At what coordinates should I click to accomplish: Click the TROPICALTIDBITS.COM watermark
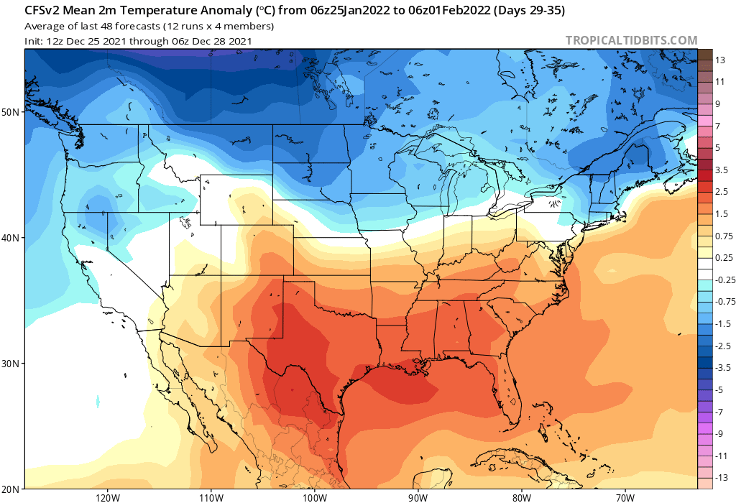coord(631,40)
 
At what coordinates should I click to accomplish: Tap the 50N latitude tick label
coord(11,112)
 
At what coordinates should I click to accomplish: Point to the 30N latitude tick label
coord(11,364)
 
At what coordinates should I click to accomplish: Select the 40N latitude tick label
coord(11,238)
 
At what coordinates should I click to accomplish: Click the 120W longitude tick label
coord(106,497)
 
